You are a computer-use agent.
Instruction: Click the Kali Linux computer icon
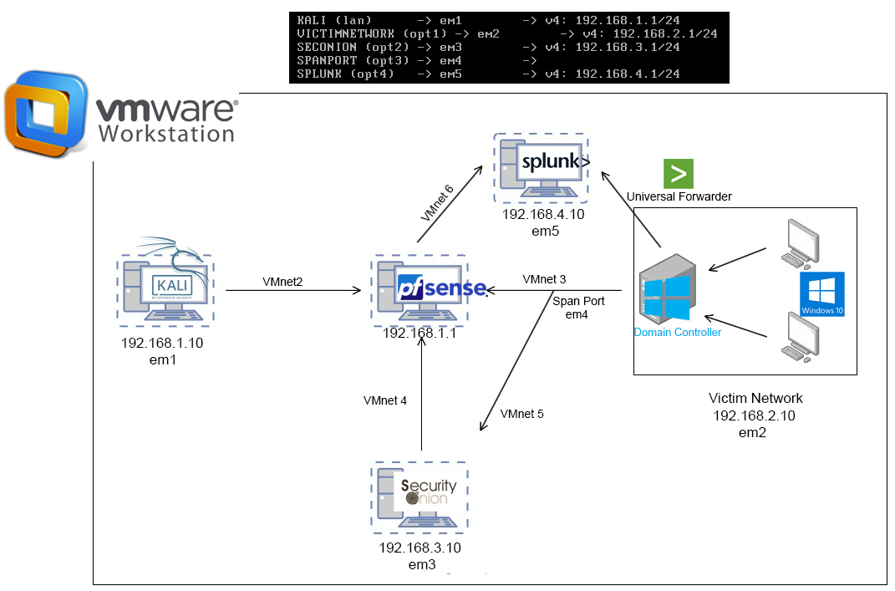[165, 288]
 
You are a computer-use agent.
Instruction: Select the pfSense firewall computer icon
[420, 289]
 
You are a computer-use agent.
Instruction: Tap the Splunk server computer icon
[542, 167]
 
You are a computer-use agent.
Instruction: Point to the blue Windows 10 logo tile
[822, 294]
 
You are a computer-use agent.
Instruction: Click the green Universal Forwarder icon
[679, 173]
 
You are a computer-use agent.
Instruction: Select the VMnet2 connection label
[282, 282]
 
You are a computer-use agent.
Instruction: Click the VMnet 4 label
[385, 400]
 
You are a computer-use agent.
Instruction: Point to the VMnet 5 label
[522, 414]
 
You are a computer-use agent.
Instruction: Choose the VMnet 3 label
[544, 278]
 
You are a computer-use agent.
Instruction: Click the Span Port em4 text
[577, 306]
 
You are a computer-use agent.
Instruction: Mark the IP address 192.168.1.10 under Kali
[162, 343]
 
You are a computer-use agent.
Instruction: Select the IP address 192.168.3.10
[420, 548]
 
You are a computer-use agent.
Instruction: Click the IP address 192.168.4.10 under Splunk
[543, 215]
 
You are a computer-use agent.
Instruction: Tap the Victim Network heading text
[755, 398]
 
